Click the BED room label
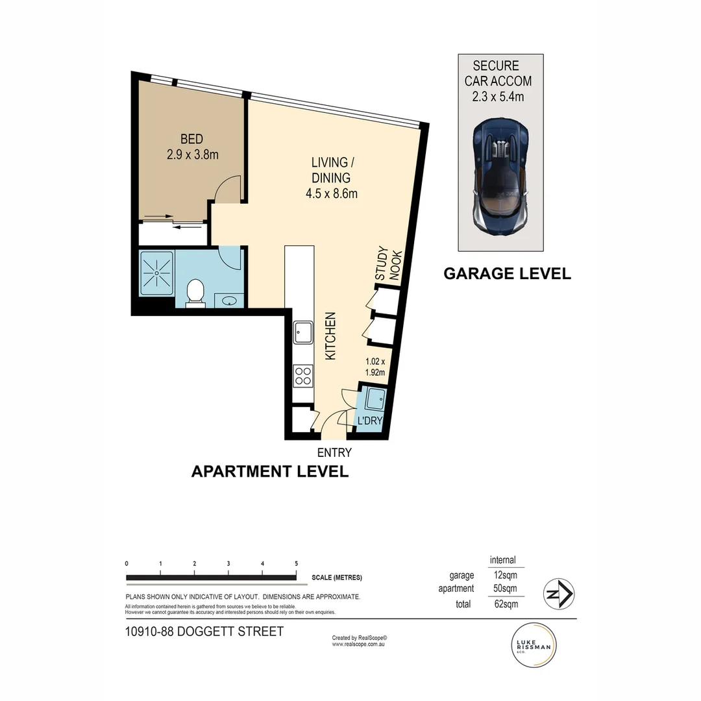coord(191,139)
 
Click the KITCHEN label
coord(330,336)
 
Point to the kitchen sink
coord(302,332)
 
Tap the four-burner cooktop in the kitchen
coord(302,375)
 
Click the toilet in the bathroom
coord(195,293)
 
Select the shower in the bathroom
coord(156,273)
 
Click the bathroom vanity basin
coord(229,301)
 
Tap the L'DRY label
coord(369,421)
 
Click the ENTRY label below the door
coord(334,452)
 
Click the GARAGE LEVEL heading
coord(507,273)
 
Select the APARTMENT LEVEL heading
coord(269,471)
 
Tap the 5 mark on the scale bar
coord(296,563)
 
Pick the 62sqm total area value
coord(506,604)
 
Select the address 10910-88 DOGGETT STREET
coord(204,631)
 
